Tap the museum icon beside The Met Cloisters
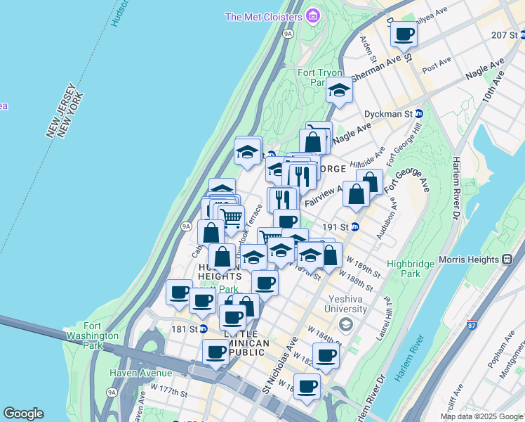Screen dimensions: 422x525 coord(313,16)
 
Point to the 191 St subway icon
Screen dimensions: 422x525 coord(355,226)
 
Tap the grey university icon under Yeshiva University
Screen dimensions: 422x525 coord(345,324)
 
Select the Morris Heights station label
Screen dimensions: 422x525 coord(470,260)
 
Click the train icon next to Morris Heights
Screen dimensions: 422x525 coord(507,260)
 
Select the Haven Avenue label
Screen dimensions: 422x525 coord(140,372)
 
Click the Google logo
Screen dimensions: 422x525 coord(23,414)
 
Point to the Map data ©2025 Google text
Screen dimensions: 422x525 coord(481,416)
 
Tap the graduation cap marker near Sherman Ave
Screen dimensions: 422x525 coord(339,90)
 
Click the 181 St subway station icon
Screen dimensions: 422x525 coord(204,328)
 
